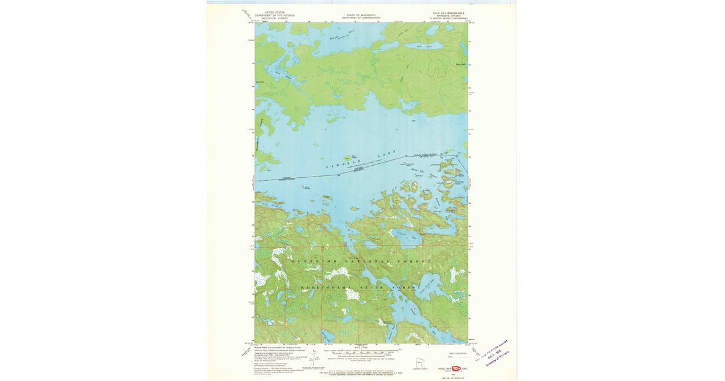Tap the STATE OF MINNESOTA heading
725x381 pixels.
click(361, 15)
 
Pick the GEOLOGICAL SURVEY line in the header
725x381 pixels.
click(274, 19)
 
